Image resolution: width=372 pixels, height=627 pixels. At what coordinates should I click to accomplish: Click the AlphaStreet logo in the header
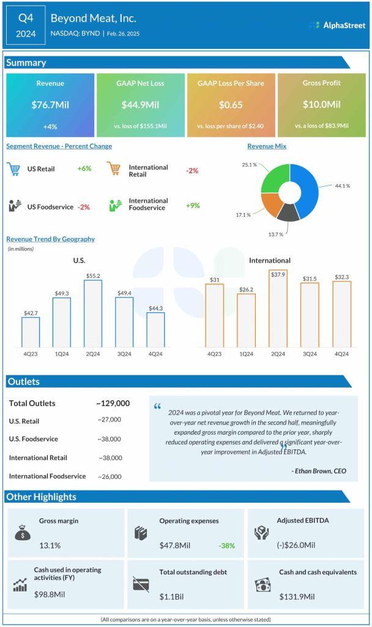click(336, 25)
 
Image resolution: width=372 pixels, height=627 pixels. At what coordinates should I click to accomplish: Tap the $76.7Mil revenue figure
click(50, 105)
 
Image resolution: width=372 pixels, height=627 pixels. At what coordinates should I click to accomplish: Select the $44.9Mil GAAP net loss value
click(140, 105)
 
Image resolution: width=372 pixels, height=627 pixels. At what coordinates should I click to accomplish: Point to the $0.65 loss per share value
click(231, 105)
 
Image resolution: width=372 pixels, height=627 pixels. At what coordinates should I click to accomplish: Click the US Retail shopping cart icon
click(14, 169)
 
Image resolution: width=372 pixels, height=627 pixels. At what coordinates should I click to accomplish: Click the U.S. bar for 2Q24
click(92, 313)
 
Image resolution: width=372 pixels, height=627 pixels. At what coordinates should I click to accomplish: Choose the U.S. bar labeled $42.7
click(31, 332)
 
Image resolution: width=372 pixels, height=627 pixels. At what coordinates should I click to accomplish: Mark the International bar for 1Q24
click(246, 320)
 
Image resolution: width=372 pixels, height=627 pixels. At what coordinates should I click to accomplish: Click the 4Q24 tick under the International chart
click(341, 354)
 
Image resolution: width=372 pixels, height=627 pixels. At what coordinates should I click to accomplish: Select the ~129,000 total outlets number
click(113, 404)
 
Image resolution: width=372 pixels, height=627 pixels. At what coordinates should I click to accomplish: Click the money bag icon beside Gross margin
click(23, 533)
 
